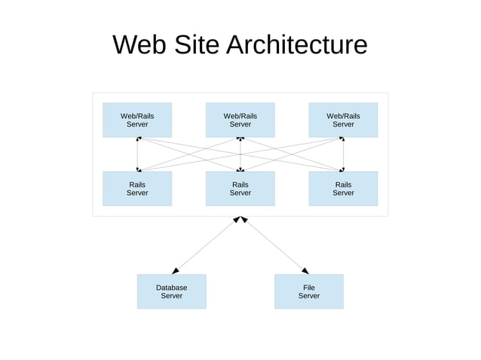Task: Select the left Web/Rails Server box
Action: tap(137, 120)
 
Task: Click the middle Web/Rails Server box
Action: tap(240, 120)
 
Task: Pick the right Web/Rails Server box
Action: tap(343, 120)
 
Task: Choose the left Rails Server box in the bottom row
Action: tap(137, 188)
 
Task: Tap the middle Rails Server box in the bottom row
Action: tap(240, 188)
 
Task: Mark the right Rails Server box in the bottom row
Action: tap(343, 188)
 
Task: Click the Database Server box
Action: tap(171, 291)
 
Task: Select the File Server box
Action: tap(308, 291)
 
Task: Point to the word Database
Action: tap(171, 288)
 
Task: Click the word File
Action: tap(308, 288)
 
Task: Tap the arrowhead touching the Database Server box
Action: tap(175, 270)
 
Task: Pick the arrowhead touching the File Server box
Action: tap(305, 270)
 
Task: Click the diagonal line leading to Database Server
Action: tap(205, 245)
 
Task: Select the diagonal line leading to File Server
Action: tap(274, 245)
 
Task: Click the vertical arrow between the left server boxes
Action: tap(137, 154)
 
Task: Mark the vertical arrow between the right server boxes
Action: tap(343, 154)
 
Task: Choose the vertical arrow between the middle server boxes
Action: tap(240, 154)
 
